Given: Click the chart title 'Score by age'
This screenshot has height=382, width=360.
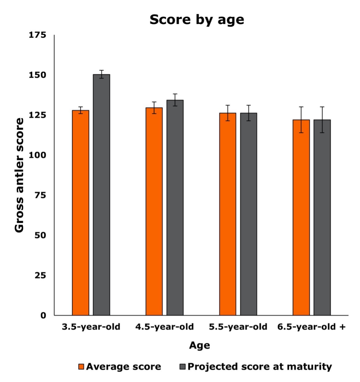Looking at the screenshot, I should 197,20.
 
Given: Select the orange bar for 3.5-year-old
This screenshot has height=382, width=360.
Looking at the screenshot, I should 81,213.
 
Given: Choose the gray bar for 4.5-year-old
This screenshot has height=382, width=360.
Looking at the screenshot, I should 175,208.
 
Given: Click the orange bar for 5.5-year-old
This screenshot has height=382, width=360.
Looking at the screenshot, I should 228,214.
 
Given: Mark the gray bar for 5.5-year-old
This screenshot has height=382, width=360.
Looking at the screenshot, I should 249,214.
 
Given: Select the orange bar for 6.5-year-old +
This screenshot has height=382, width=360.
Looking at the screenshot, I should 301,217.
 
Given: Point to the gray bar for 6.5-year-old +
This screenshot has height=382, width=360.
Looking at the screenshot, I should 322,217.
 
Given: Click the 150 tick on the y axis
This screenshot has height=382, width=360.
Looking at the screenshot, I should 37,75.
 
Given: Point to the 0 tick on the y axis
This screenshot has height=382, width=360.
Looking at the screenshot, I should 43,315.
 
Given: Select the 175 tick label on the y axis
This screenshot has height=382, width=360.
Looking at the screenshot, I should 37,35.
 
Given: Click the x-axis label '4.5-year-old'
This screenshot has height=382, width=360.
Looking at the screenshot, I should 165,327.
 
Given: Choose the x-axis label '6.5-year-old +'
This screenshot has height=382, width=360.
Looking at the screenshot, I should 311,327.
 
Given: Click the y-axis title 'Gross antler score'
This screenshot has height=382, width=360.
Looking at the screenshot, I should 19,175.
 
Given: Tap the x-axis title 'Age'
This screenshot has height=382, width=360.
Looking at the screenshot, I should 199,345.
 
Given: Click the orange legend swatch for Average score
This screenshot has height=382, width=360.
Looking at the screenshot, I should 81,367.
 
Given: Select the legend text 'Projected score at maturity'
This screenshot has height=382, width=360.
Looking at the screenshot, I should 260,367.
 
